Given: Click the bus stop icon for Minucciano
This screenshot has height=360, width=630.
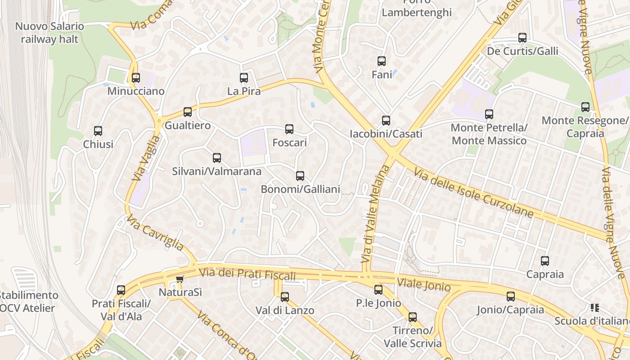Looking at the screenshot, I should [136, 78].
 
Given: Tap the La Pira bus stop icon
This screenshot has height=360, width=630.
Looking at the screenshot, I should [244, 78].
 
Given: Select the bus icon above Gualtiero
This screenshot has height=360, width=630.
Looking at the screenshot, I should [188, 112].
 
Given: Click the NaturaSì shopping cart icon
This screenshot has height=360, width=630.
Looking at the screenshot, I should [180, 279].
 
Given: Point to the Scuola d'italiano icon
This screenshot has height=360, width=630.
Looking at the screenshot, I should [595, 308].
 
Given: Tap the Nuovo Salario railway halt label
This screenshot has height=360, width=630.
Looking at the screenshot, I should [49, 33].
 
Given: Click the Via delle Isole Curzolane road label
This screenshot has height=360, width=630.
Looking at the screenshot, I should [473, 193].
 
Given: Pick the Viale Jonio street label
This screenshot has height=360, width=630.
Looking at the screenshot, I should [423, 284].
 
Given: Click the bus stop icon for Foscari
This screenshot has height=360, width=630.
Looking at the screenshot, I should [289, 129].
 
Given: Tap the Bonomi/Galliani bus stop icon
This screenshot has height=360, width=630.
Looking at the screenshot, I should [300, 176].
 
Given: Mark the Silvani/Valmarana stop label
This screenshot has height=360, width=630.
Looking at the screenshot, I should [216, 171].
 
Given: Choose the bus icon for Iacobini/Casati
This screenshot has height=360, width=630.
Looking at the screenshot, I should [386, 120].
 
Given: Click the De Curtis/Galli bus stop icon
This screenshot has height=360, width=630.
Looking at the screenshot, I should [522, 38].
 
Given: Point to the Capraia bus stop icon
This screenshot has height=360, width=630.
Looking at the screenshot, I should [545, 261].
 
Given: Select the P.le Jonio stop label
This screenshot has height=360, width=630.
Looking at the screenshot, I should [378, 303].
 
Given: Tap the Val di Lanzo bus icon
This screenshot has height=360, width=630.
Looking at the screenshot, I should [285, 297].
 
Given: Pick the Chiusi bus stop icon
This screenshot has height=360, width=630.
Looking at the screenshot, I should [98, 131].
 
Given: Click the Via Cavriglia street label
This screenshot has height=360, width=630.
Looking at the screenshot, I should [155, 233].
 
